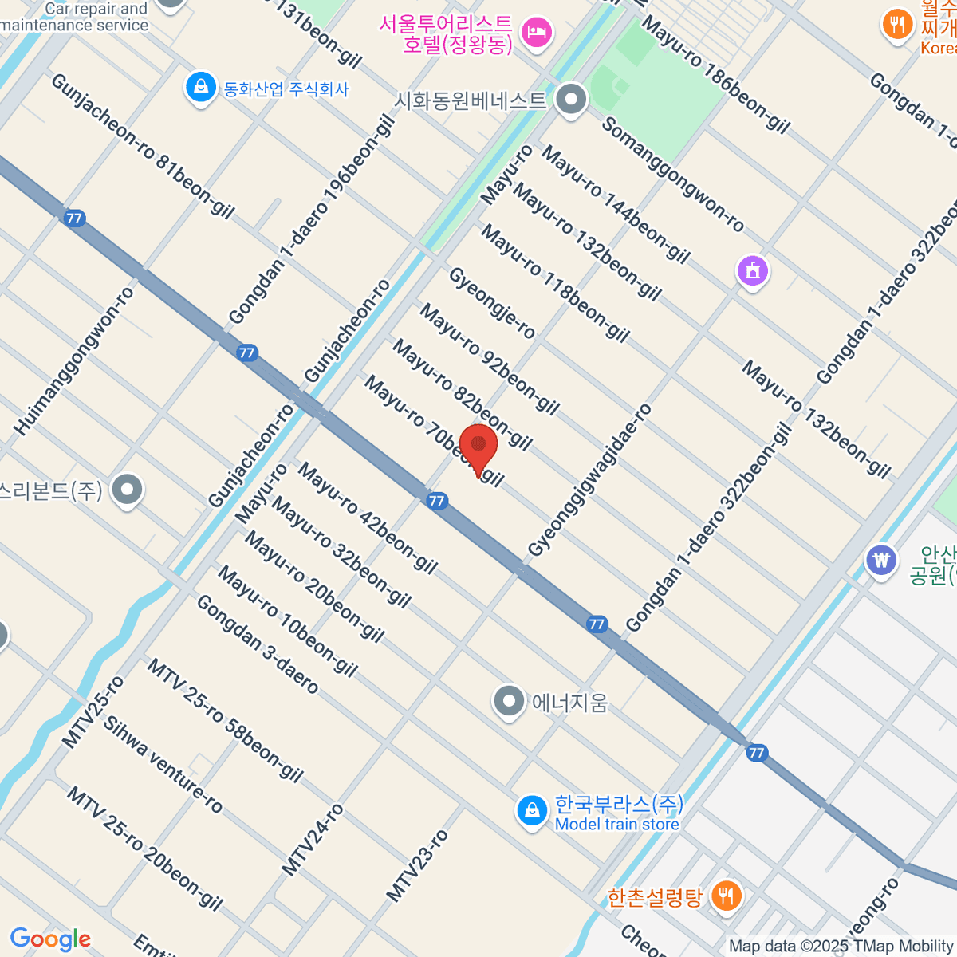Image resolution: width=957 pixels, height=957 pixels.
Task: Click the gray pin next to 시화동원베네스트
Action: [570, 100]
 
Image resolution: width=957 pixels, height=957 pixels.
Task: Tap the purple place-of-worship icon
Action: [752, 272]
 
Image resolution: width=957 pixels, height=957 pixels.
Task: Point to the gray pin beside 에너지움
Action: [508, 702]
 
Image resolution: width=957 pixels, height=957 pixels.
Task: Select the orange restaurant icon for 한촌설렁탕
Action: [725, 896]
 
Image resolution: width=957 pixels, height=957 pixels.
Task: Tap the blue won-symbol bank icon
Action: [880, 561]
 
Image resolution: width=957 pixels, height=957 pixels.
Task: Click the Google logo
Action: [50, 939]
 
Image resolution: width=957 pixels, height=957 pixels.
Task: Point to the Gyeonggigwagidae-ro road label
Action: [590, 480]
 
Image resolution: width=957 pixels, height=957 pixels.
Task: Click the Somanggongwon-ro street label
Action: [673, 175]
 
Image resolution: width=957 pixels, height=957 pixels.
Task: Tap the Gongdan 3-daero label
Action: [257, 644]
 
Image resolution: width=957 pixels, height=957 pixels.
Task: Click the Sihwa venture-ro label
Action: [163, 765]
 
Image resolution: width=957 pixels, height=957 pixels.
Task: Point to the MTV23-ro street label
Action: [417, 866]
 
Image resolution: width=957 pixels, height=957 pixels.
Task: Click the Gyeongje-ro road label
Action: [491, 303]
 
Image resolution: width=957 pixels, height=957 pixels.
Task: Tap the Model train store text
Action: [616, 825]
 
